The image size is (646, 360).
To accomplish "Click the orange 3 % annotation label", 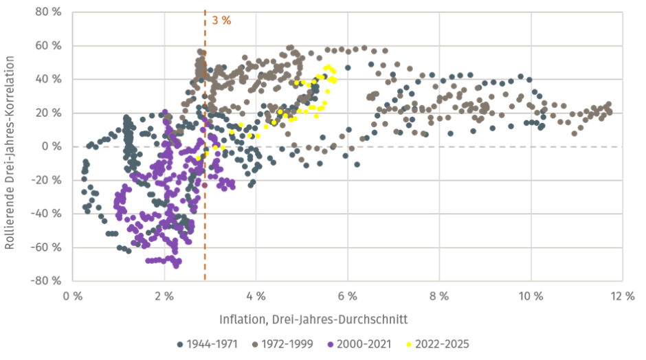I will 221,20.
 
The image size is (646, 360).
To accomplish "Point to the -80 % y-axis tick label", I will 50,280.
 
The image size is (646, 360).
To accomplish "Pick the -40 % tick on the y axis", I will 50,213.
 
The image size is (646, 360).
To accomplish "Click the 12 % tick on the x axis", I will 623,296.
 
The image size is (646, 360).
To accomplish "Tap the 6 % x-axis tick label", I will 348,296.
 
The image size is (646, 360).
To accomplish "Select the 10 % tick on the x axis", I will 531,296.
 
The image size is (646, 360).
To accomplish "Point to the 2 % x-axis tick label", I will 164,296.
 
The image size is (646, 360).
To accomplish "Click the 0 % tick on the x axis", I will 72,296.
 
